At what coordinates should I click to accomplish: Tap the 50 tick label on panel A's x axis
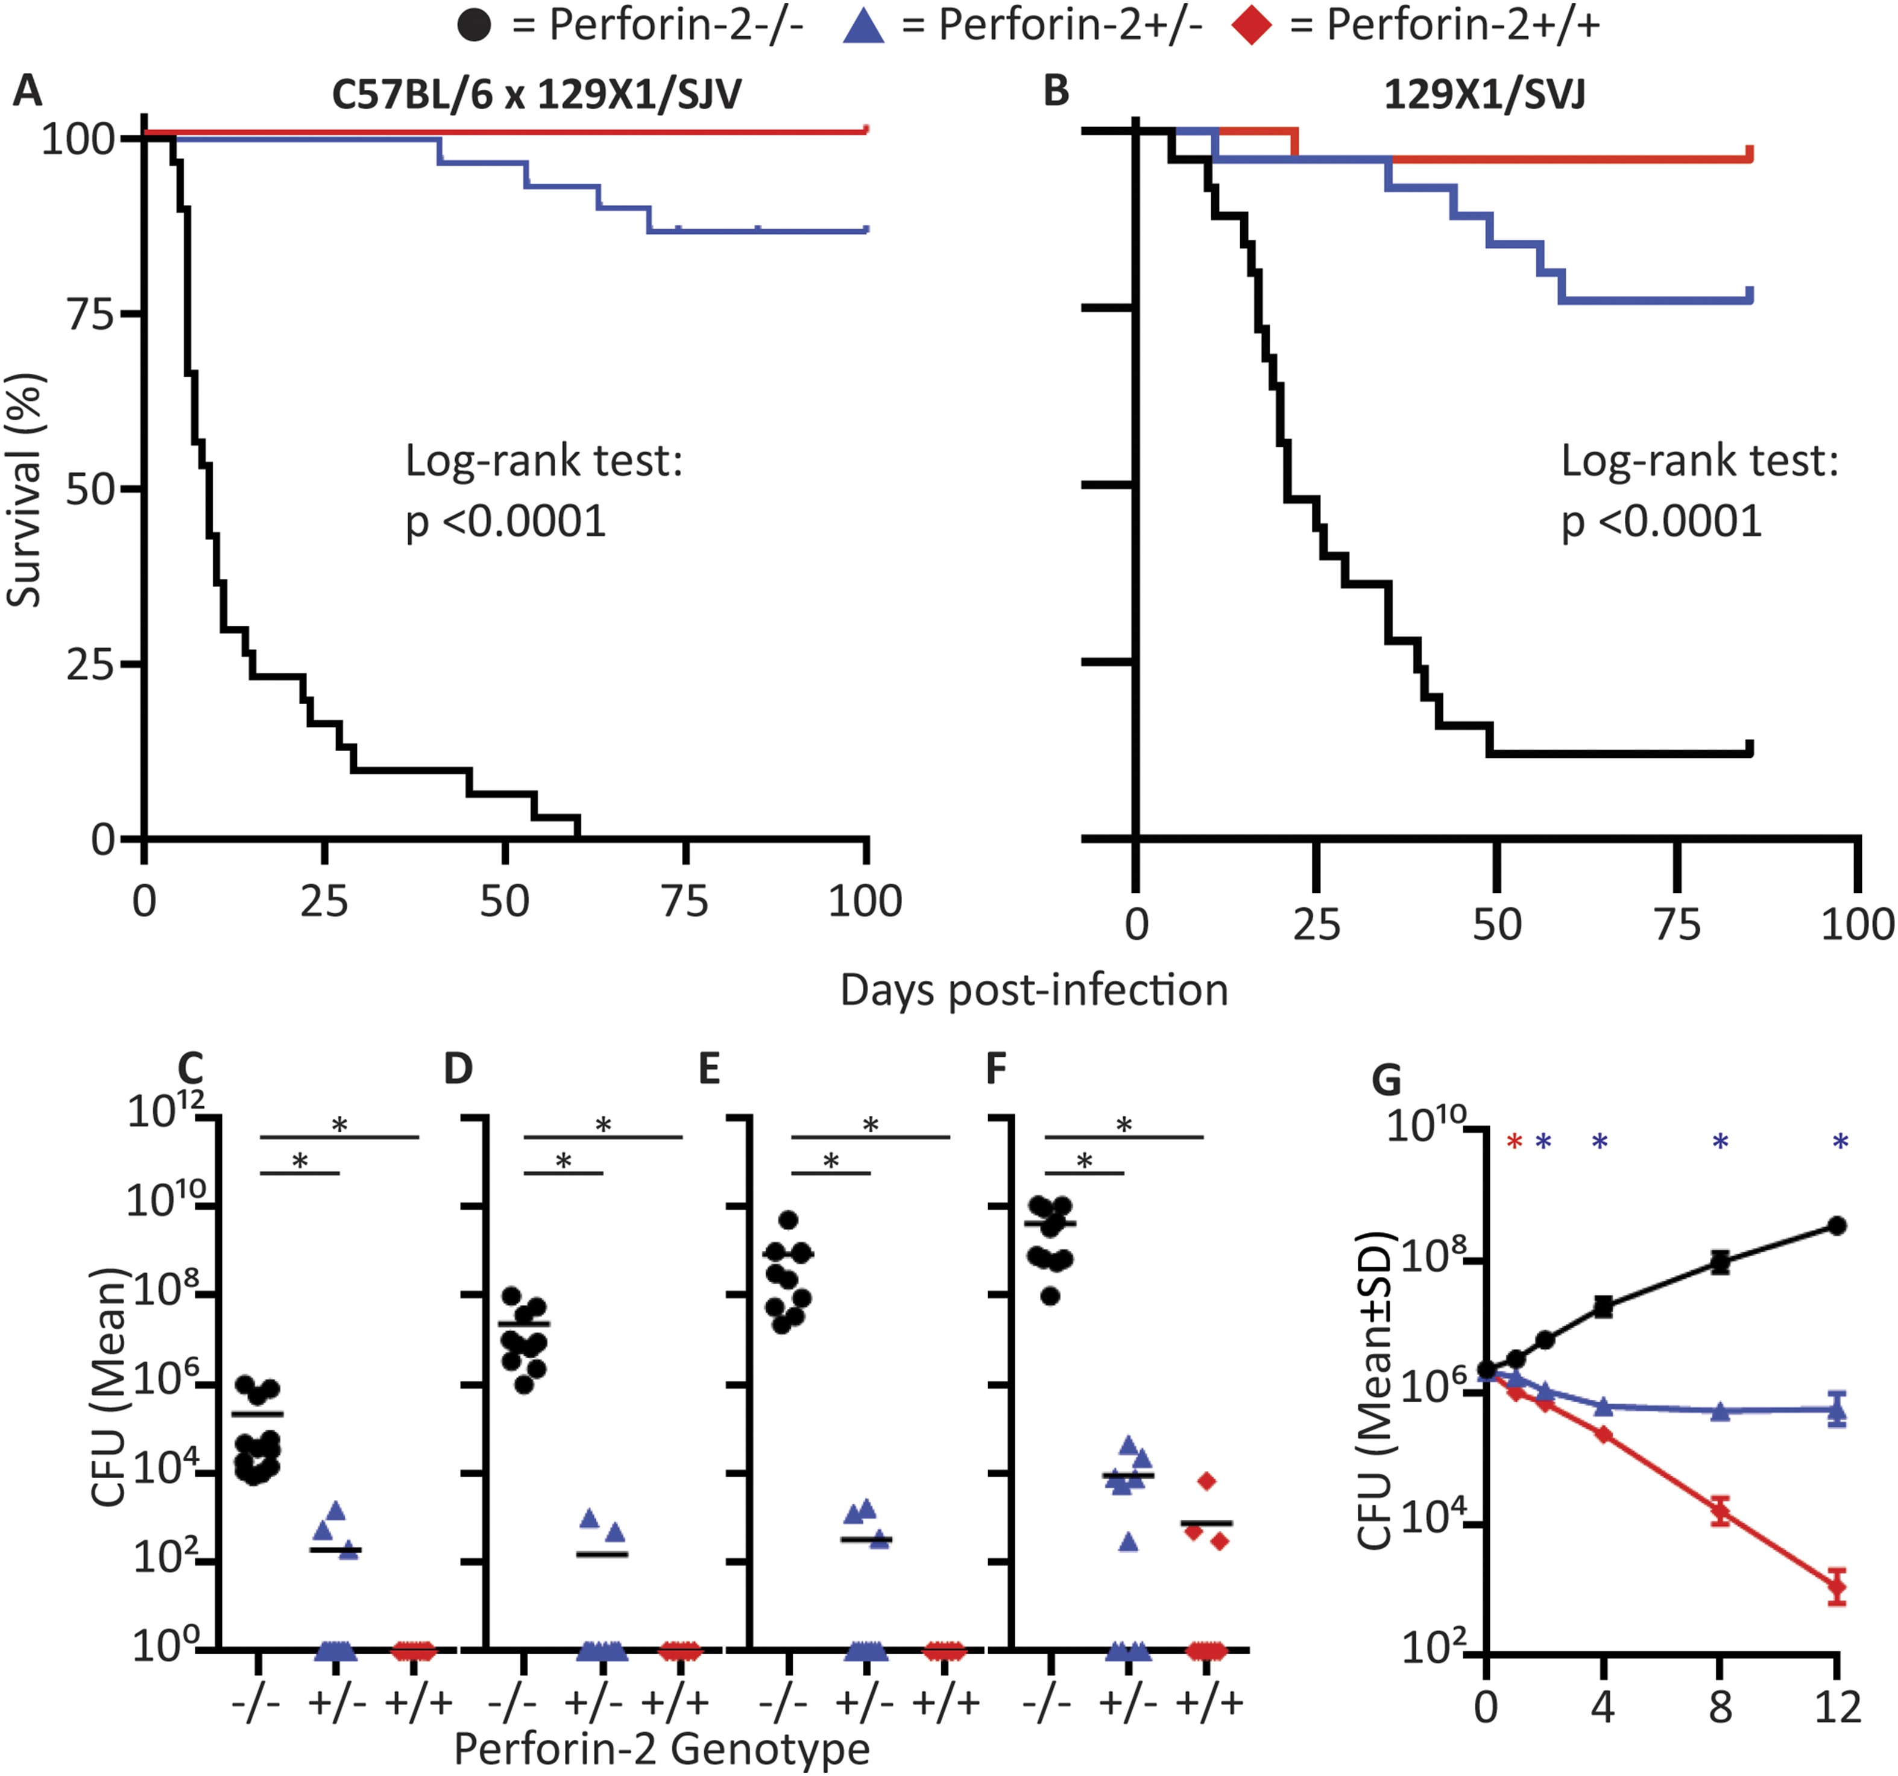tap(504, 901)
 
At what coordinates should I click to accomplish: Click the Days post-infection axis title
tap(1034, 990)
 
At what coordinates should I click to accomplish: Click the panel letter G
tap(1386, 1080)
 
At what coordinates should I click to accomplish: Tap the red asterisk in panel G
tap(1513, 1142)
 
